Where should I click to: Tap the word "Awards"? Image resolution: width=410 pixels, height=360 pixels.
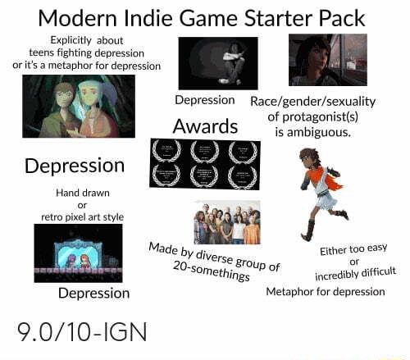pos(205,126)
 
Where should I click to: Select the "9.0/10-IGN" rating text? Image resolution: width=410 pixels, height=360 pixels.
pos(82,332)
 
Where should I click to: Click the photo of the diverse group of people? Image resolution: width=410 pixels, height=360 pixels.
pos(226,221)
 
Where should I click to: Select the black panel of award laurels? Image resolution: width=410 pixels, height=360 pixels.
pos(205,163)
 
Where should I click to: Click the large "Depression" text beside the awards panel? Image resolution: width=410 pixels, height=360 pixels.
pos(75,166)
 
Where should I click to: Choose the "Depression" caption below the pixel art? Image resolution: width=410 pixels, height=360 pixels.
pos(93,293)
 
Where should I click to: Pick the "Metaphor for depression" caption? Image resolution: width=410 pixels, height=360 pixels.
pos(326,291)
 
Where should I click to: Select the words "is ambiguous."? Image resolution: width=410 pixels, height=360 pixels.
pos(313,130)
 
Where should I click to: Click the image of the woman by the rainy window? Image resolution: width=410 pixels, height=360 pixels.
pos(327,60)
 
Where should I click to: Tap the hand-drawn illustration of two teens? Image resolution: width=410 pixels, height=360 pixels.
pos(79,106)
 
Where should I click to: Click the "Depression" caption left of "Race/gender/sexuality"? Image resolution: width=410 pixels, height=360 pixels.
pos(205,100)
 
